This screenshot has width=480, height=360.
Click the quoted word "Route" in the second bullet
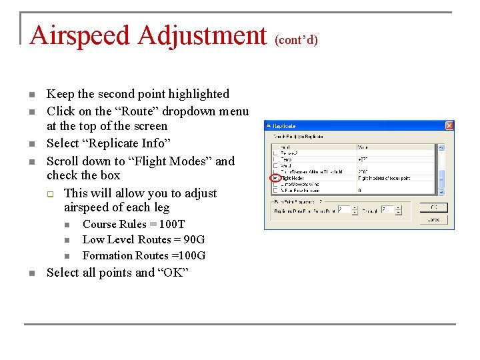tap(133, 111)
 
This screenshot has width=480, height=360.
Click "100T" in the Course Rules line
tap(173, 224)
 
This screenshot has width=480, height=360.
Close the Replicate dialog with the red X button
tap(449, 125)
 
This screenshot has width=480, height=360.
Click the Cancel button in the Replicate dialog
tap(433, 219)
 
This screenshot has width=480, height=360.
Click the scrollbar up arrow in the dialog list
tap(441, 147)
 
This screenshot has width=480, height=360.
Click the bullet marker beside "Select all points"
tap(31, 273)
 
